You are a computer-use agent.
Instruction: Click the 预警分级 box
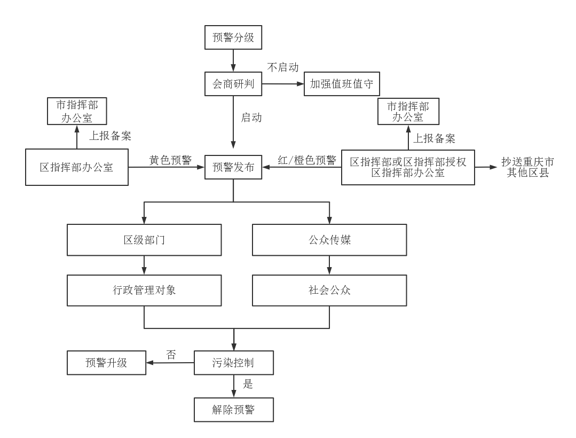click(x=233, y=38)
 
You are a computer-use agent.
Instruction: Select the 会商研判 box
click(x=233, y=84)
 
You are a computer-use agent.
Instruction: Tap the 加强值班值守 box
click(x=342, y=84)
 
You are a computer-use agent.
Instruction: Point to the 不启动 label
click(x=283, y=67)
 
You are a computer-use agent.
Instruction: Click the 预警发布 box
click(x=233, y=167)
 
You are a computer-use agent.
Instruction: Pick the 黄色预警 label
click(x=170, y=160)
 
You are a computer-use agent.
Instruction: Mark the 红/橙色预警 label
click(x=307, y=160)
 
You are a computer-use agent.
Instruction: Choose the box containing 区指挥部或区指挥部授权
click(x=408, y=167)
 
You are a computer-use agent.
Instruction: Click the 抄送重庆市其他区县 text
click(x=528, y=167)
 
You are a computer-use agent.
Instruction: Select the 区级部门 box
click(x=144, y=240)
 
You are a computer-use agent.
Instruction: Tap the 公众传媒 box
click(x=329, y=240)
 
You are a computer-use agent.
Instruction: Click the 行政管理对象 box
click(x=144, y=291)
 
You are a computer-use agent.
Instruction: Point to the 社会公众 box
click(x=329, y=291)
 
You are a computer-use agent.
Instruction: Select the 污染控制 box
click(x=233, y=363)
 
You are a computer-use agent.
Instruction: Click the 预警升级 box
click(x=106, y=363)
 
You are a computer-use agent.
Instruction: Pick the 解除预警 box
click(x=233, y=410)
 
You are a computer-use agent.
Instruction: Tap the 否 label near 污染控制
click(x=171, y=355)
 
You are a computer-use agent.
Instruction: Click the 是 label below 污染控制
click(x=248, y=384)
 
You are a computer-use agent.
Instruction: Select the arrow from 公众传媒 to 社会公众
click(x=329, y=265)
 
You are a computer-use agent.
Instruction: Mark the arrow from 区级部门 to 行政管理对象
click(x=144, y=265)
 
